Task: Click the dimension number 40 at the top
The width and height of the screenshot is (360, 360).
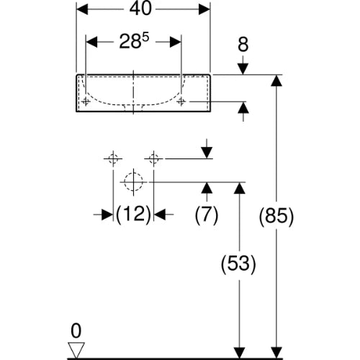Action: tap(140, 9)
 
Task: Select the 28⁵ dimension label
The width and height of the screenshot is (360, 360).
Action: tap(134, 41)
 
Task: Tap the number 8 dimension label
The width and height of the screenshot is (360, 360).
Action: tap(243, 45)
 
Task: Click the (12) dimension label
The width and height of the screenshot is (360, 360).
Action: tap(133, 214)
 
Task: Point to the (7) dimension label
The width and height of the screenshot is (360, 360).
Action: tap(207, 215)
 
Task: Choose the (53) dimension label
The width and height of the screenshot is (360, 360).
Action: tap(238, 264)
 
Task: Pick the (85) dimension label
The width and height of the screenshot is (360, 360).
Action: tap(276, 216)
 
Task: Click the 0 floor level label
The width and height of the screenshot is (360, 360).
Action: tap(76, 331)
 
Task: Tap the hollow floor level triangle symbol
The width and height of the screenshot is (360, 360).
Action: tap(76, 350)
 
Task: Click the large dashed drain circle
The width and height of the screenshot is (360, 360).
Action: tap(133, 181)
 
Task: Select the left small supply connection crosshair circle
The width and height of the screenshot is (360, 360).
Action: tap(113, 158)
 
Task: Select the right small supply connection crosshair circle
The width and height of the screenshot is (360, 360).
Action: tap(153, 158)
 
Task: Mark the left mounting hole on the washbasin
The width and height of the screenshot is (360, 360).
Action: tap(86, 102)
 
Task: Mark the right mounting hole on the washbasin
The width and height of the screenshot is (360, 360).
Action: tap(181, 102)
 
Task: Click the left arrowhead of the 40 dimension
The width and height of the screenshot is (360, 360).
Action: tap(82, 9)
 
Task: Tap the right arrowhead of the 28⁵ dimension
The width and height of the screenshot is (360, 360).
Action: tap(176, 42)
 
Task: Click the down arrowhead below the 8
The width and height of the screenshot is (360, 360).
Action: tap(243, 69)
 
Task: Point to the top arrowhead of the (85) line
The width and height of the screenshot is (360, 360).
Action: tap(276, 81)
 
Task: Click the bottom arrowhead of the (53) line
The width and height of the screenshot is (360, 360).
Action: tap(239, 354)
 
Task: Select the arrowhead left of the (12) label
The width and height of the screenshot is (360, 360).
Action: tap(107, 214)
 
